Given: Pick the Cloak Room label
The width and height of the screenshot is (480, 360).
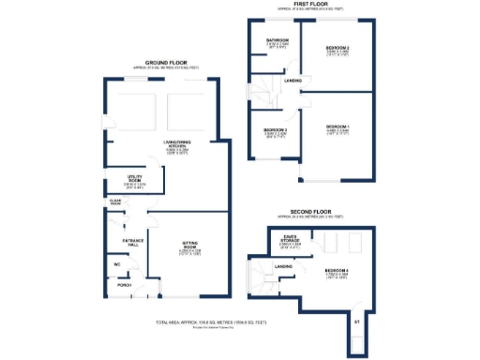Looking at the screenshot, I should coord(115,202).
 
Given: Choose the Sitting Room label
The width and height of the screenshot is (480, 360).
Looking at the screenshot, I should coord(192,248).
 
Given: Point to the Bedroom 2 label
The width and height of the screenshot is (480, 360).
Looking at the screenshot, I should coord(337,47).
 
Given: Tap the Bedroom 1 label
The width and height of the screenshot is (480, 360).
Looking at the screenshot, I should coord(337,127).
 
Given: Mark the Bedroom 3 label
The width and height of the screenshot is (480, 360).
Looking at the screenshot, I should coord(276,130).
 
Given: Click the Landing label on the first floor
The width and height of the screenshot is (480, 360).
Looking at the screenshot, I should coord(293,82).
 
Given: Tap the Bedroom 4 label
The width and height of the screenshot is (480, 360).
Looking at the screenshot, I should coord(337,272).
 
